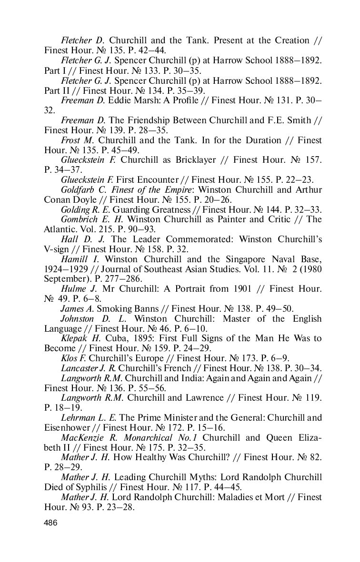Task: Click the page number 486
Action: click(50, 523)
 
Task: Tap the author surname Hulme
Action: click(73, 289)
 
